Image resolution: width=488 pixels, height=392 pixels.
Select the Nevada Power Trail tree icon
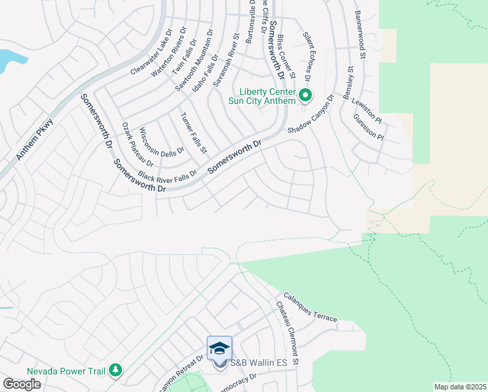click(115, 370)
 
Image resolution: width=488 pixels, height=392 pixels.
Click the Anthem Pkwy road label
click(33, 140)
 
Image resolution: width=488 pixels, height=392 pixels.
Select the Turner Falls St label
click(193, 133)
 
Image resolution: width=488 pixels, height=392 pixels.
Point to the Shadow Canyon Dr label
click(311, 115)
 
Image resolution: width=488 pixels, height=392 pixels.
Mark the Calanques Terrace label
click(310, 307)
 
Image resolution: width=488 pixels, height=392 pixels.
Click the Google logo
click(22, 384)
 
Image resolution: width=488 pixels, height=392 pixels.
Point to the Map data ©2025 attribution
click(461, 387)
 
